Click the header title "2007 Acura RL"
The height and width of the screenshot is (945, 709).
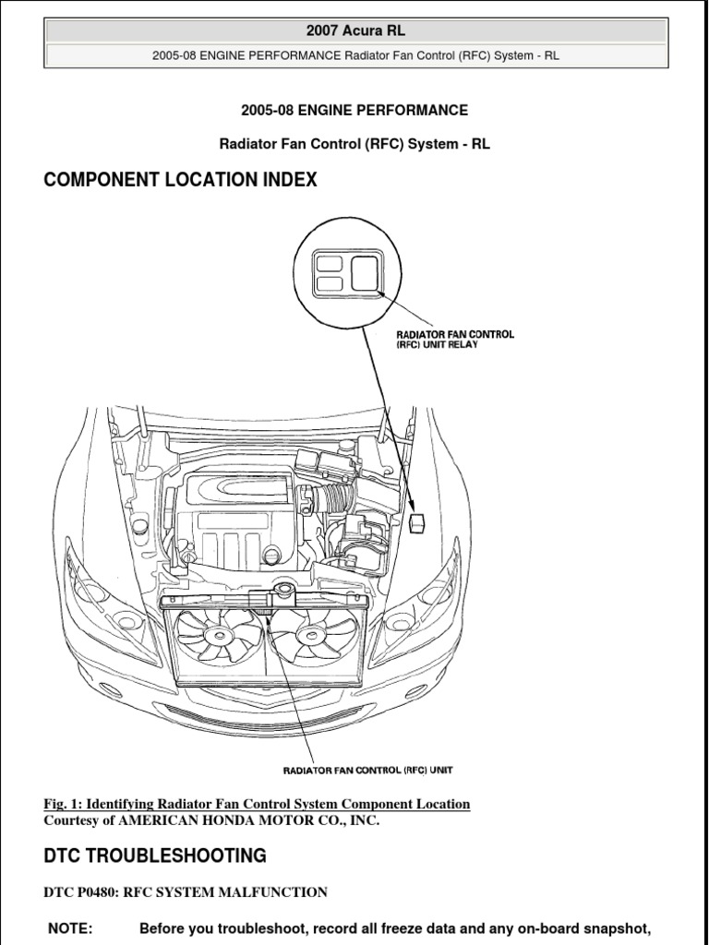click(x=355, y=31)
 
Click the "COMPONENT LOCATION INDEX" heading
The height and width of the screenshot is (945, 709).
click(x=180, y=180)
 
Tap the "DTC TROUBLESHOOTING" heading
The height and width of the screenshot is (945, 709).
click(x=155, y=855)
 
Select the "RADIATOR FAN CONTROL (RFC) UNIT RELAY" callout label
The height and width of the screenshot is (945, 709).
click(x=454, y=340)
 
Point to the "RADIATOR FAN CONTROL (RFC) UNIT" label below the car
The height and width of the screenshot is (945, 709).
click(x=367, y=769)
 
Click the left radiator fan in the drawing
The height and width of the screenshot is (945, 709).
click(x=219, y=638)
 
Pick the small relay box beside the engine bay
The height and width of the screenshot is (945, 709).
click(x=417, y=521)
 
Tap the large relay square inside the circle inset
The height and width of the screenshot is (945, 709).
click(x=365, y=273)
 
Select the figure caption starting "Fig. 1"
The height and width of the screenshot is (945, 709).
click(x=257, y=804)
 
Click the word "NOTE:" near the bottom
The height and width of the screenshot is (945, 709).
click(x=70, y=929)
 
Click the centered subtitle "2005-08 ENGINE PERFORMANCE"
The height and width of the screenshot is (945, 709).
click(x=354, y=111)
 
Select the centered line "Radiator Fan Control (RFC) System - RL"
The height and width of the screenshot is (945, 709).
click(x=354, y=143)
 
